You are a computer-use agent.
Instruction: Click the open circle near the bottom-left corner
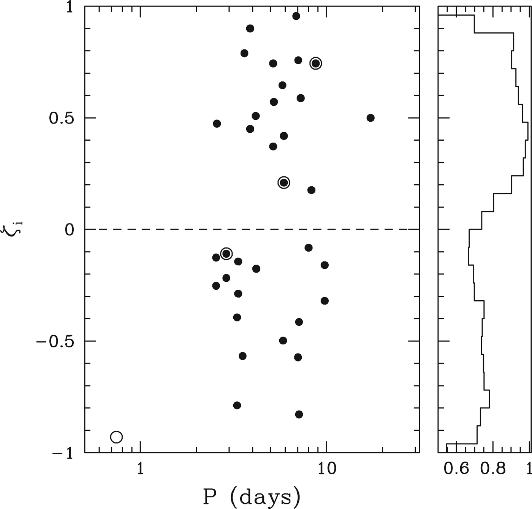pos(116,437)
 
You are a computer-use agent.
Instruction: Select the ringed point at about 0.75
pos(316,63)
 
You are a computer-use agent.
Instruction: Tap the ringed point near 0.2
pos(283,182)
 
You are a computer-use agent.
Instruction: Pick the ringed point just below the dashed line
pos(226,254)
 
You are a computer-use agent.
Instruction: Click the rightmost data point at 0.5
pos(370,118)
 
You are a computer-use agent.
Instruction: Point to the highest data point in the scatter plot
pos(296,16)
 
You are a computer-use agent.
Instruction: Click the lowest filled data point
pos(299,414)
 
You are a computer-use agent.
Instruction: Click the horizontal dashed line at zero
pos(171,229)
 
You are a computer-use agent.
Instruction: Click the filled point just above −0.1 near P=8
pos(309,248)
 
